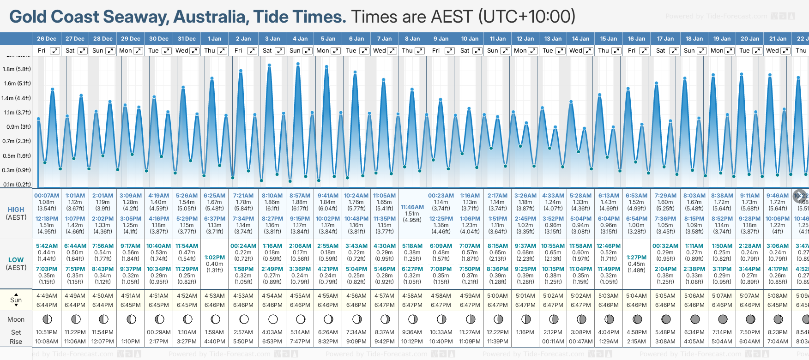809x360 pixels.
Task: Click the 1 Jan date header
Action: click(214, 39)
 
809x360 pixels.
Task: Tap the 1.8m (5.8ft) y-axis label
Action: click(17, 69)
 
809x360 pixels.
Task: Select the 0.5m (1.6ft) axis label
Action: click(17, 156)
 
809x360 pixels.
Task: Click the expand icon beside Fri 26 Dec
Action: click(55, 51)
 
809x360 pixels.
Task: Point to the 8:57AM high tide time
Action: click(300, 196)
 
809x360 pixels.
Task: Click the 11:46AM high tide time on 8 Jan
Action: click(412, 207)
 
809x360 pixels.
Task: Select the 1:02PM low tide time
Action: click(215, 258)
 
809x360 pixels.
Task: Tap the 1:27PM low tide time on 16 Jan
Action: click(636, 258)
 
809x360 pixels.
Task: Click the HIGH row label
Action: click(16, 210)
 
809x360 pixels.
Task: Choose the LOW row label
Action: click(16, 260)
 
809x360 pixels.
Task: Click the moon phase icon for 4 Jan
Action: click(301, 319)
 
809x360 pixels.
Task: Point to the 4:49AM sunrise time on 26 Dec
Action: click(47, 296)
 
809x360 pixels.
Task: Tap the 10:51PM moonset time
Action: click(47, 332)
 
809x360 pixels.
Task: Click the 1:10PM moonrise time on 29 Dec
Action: click(131, 342)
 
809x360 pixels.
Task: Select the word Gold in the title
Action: click(28, 17)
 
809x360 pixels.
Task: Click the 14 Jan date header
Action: click(580, 39)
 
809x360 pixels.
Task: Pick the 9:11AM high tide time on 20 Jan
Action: click(749, 196)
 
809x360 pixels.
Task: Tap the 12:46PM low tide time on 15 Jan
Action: click(609, 246)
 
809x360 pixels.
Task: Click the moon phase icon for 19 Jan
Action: click(723, 319)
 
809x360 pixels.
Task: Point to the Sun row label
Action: click(16, 300)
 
